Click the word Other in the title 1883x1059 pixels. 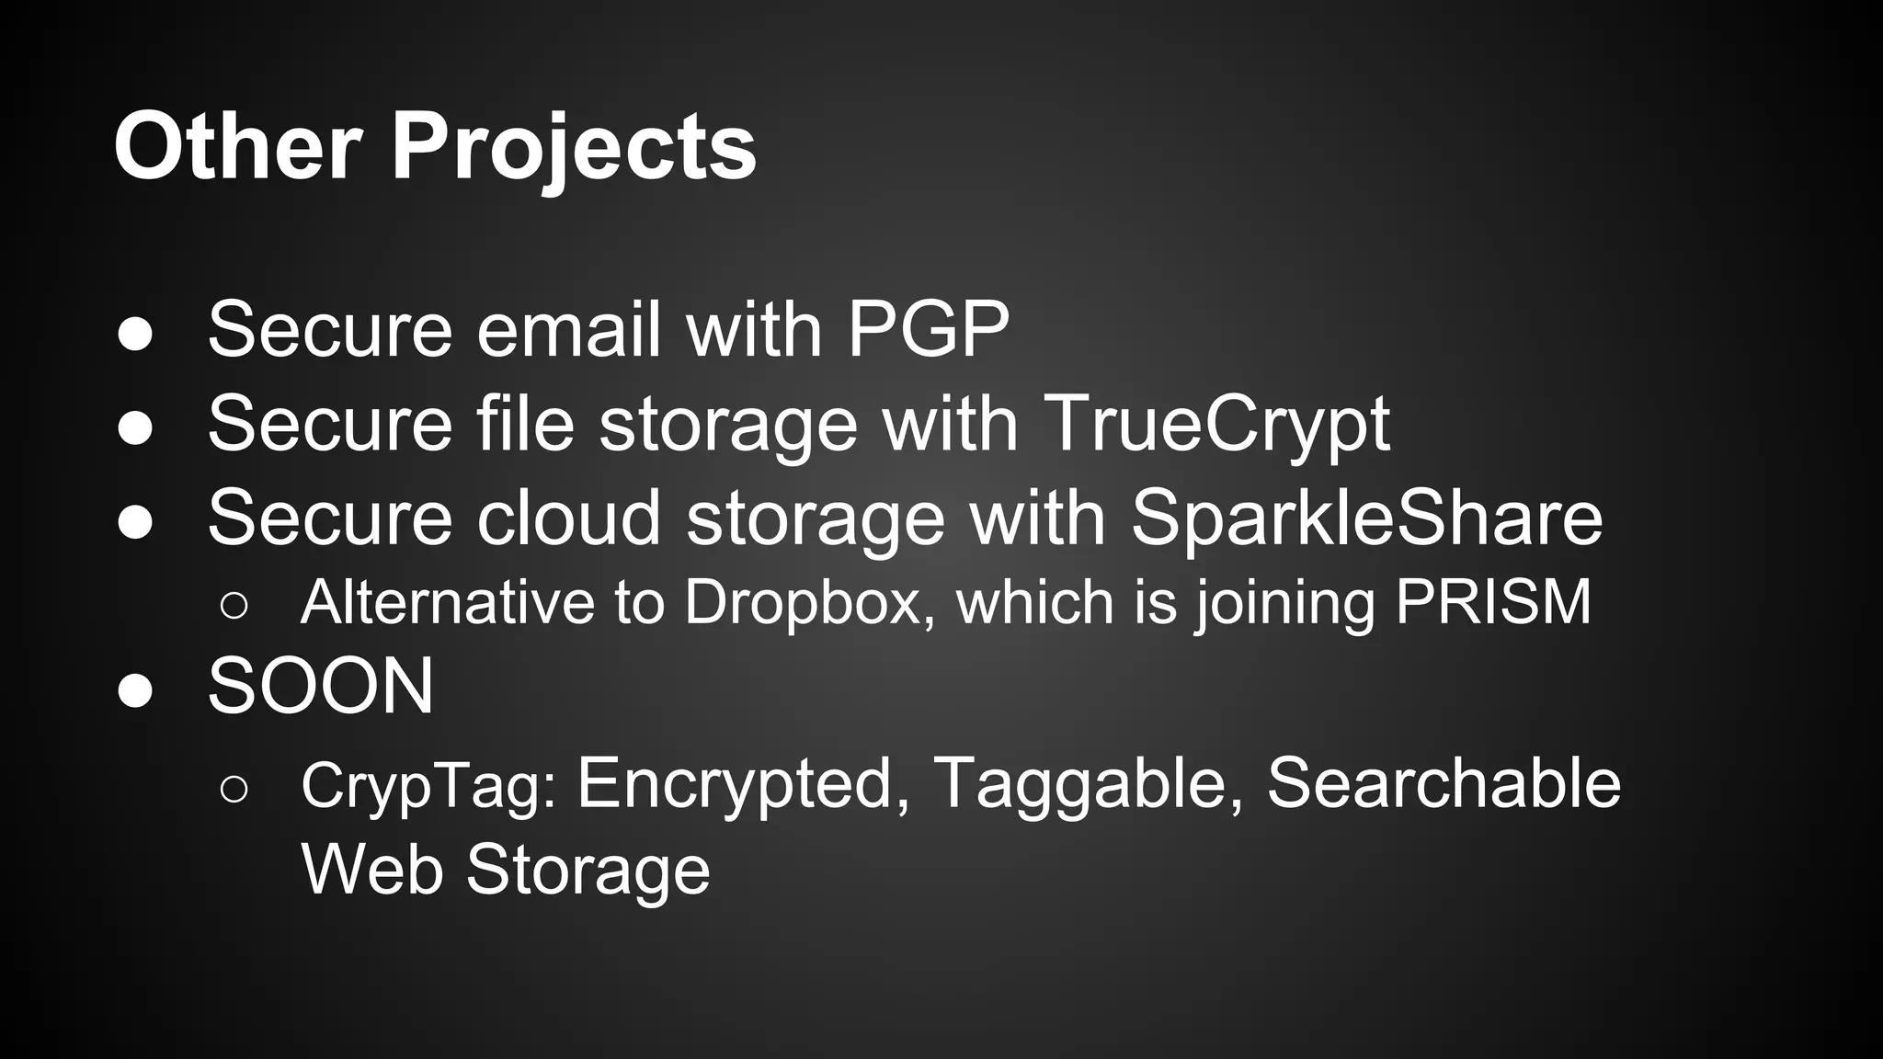pyautogui.click(x=237, y=147)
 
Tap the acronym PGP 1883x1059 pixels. pyautogui.click(x=928, y=329)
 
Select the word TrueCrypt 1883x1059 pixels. pyautogui.click(x=1216, y=425)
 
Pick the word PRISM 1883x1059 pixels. pyautogui.click(x=1493, y=602)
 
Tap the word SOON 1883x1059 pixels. pyautogui.click(x=321, y=687)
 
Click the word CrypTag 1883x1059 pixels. pyautogui.click(x=428, y=786)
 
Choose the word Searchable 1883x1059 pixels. pyautogui.click(x=1444, y=783)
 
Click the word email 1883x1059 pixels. pyautogui.click(x=569, y=329)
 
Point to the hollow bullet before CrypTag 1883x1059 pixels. pyautogui.click(x=234, y=789)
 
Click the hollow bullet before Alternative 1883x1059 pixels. pyautogui.click(x=234, y=606)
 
